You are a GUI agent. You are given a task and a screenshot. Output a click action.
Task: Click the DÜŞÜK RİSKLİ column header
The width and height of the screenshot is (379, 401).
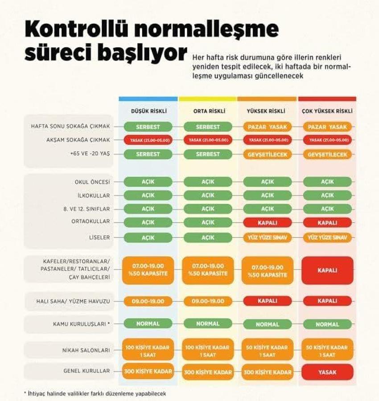(x=148, y=111)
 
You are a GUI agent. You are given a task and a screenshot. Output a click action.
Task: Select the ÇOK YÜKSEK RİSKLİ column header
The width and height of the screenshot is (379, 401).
(x=327, y=111)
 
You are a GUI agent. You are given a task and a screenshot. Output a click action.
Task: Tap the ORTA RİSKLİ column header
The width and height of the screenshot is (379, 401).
(x=208, y=111)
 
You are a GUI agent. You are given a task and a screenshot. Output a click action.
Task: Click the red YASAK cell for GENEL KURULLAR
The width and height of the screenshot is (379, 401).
(x=327, y=372)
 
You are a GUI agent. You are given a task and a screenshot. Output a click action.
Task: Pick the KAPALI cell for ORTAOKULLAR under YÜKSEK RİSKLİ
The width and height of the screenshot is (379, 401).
(x=268, y=222)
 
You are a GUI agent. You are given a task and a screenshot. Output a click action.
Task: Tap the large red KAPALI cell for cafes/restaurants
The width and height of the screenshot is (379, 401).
(x=327, y=270)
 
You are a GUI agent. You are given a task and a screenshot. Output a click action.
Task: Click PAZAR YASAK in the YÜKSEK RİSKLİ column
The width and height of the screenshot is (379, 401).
(x=268, y=127)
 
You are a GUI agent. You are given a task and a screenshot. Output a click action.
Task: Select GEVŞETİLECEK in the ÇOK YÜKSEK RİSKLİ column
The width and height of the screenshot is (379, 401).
(x=327, y=154)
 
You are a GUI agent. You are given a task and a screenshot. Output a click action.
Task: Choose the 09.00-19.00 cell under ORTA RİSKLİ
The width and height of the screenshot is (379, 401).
(x=208, y=301)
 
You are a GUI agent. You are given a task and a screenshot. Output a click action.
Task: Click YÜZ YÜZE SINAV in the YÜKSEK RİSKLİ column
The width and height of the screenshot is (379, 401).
(x=268, y=237)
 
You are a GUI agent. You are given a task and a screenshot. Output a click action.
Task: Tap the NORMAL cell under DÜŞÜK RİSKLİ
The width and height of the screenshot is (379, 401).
(x=148, y=323)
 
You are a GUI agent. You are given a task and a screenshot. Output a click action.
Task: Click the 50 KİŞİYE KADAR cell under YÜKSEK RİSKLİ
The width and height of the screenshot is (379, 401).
(x=268, y=350)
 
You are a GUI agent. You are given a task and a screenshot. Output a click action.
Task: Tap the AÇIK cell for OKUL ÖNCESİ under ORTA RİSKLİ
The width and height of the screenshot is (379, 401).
(x=208, y=182)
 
